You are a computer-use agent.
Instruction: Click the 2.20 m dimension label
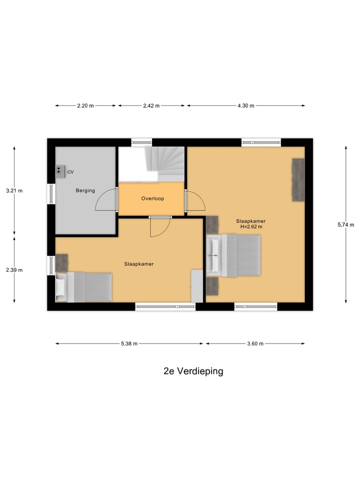click(x=85, y=105)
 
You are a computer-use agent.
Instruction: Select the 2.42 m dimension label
click(x=151, y=105)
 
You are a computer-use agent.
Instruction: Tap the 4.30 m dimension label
click(x=245, y=105)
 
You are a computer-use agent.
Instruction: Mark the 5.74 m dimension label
click(x=345, y=224)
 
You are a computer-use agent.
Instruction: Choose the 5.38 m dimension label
click(x=128, y=343)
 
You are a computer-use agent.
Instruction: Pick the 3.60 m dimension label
click(x=255, y=343)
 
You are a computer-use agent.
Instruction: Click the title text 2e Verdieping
click(x=193, y=371)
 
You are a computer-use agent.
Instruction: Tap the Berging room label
click(x=85, y=190)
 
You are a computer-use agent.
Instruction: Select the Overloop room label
click(x=152, y=198)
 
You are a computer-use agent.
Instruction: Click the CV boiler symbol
click(x=60, y=171)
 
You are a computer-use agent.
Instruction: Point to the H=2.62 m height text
click(x=251, y=226)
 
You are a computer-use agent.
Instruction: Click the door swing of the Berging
click(x=106, y=198)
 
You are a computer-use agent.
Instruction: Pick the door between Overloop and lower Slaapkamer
click(x=160, y=227)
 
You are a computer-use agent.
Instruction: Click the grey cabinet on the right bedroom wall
click(x=298, y=179)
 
